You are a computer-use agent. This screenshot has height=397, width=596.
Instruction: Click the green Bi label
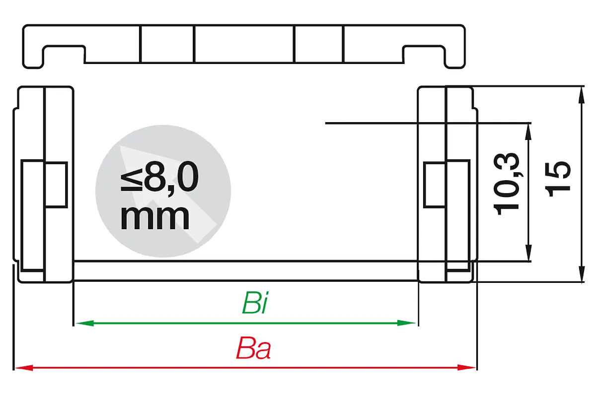(255, 303)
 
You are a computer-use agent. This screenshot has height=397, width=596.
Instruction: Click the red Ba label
(253, 348)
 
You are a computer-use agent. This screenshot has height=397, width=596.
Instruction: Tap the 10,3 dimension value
(506, 184)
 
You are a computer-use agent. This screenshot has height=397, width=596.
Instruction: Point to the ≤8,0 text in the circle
(159, 177)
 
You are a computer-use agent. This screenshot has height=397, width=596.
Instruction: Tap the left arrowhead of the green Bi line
(84, 324)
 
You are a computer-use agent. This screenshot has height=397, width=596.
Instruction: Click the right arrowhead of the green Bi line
(406, 323)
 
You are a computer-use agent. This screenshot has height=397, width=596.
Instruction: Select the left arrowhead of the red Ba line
(24, 368)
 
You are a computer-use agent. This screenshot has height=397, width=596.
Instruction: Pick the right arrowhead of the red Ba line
(466, 368)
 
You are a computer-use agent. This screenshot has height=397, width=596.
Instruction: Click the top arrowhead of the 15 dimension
(582, 95)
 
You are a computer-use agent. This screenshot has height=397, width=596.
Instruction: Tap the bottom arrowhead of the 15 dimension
(582, 273)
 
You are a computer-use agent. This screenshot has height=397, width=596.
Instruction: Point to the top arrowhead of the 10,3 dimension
(528, 132)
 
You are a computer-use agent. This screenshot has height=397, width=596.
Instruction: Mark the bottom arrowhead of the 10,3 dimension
(528, 253)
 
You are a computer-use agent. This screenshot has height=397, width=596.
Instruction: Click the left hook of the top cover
(33, 57)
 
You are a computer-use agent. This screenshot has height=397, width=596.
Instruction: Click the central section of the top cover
(244, 44)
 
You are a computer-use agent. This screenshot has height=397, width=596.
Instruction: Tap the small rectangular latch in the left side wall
(56, 184)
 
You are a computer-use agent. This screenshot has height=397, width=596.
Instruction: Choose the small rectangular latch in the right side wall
(435, 185)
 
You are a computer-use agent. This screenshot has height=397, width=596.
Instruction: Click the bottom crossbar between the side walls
(245, 271)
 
